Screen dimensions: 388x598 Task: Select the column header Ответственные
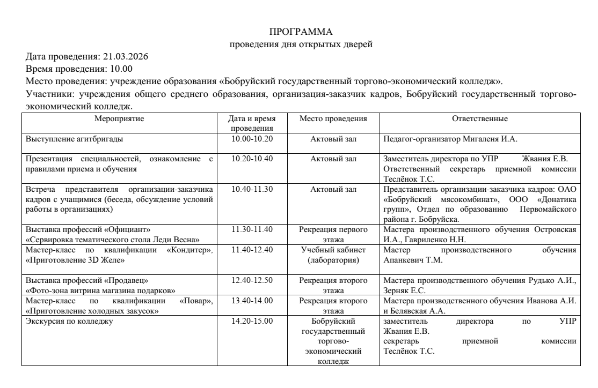(480, 118)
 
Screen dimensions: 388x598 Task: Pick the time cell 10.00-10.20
(252, 139)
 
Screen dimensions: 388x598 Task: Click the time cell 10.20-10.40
(252, 159)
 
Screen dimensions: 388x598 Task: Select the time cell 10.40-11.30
(252, 190)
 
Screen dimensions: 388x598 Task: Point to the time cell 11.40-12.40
(252, 250)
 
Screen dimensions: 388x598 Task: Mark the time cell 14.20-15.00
(252, 321)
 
